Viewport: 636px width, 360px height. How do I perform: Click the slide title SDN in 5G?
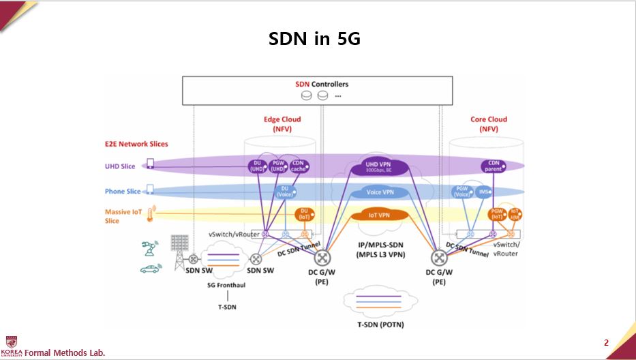314,40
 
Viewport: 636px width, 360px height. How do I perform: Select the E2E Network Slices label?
136,144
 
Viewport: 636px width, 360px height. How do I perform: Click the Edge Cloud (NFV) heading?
282,123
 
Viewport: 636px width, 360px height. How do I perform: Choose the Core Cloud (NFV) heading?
489,123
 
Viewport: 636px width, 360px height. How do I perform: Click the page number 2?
606,342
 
